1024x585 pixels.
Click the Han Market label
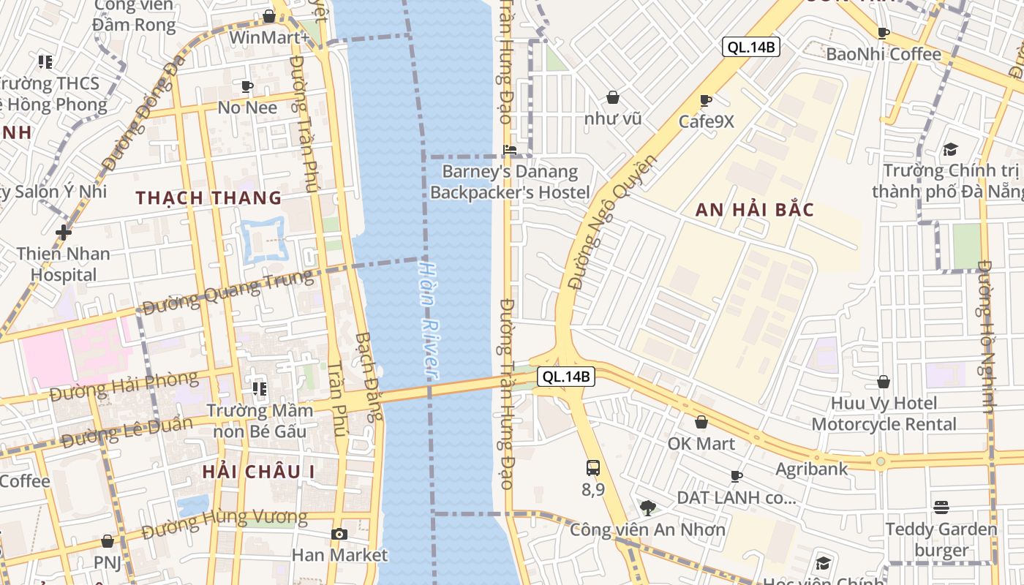(339, 555)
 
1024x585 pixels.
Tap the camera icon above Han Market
(339, 535)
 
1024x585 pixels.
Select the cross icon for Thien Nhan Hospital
(64, 233)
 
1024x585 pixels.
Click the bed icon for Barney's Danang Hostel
(510, 150)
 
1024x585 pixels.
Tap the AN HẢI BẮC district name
(754, 210)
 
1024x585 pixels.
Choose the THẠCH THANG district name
(208, 197)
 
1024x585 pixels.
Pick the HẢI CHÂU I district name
(259, 472)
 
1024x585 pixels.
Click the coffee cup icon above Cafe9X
(706, 100)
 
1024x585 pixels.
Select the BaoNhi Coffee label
(883, 54)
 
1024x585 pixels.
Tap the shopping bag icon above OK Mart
(701, 422)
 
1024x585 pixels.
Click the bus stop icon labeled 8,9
(593, 468)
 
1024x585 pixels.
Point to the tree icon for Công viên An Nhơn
(647, 507)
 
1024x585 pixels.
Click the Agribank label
(811, 469)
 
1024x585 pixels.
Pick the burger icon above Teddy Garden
(941, 507)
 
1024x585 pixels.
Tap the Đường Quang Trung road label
(227, 291)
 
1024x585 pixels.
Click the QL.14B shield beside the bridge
(565, 377)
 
